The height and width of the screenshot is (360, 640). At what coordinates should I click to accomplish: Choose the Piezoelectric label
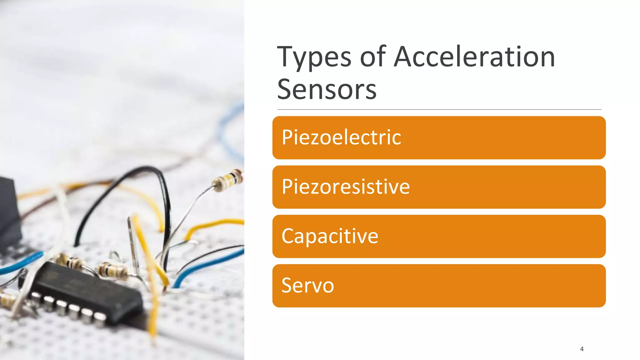pyautogui.click(x=341, y=137)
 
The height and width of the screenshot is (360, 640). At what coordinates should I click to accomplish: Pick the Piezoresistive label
pyautogui.click(x=346, y=187)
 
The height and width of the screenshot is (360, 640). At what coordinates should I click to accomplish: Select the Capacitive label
pyautogui.click(x=330, y=236)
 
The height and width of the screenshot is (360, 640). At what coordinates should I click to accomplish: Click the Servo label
pyautogui.click(x=307, y=285)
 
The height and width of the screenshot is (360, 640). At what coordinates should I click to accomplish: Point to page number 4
pyautogui.click(x=582, y=349)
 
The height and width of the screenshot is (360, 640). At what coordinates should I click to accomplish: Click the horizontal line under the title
pyautogui.click(x=439, y=110)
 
